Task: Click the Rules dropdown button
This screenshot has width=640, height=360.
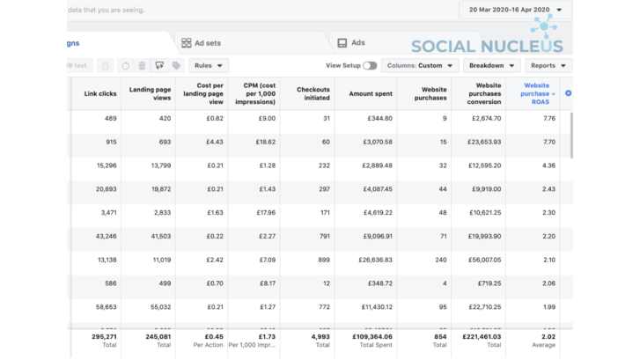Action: pyautogui.click(x=208, y=65)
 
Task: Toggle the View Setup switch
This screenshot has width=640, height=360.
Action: pyautogui.click(x=370, y=65)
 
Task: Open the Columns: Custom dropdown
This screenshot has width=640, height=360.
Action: pyautogui.click(x=421, y=65)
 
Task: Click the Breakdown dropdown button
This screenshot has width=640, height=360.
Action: pyautogui.click(x=492, y=65)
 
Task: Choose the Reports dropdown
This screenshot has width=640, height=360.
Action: pyautogui.click(x=548, y=65)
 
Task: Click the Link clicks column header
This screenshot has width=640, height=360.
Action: pyautogui.click(x=99, y=93)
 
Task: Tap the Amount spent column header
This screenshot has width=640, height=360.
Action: pyautogui.click(x=370, y=93)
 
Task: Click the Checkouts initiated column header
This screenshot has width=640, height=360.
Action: pyautogui.click(x=313, y=93)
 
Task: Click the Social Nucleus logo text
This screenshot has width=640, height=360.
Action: pyautogui.click(x=486, y=46)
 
